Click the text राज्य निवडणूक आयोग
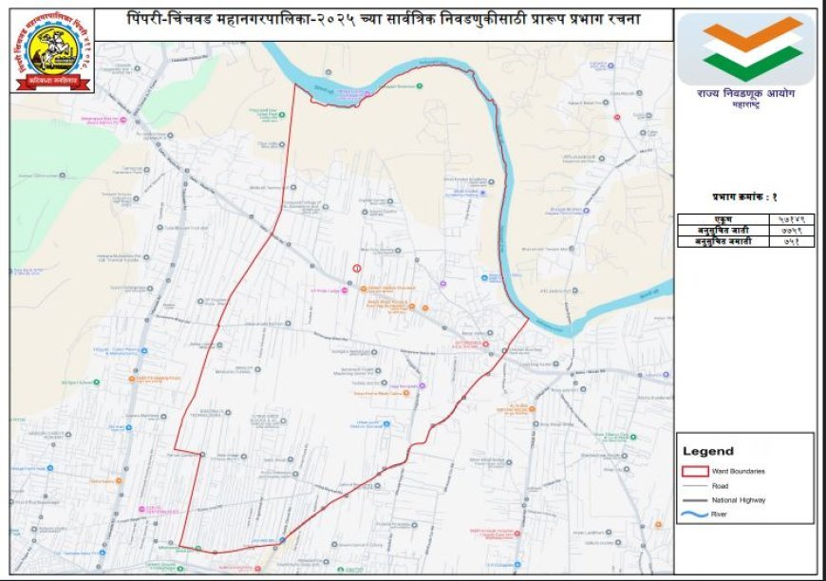[x=745, y=94]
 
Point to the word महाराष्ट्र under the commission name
[x=745, y=106]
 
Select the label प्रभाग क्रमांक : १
[x=745, y=197]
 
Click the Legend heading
[x=708, y=451]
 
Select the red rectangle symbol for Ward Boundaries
[x=696, y=471]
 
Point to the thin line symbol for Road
[x=696, y=485]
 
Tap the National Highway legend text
[x=744, y=499]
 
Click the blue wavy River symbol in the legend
[x=696, y=515]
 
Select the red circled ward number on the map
[x=357, y=269]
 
